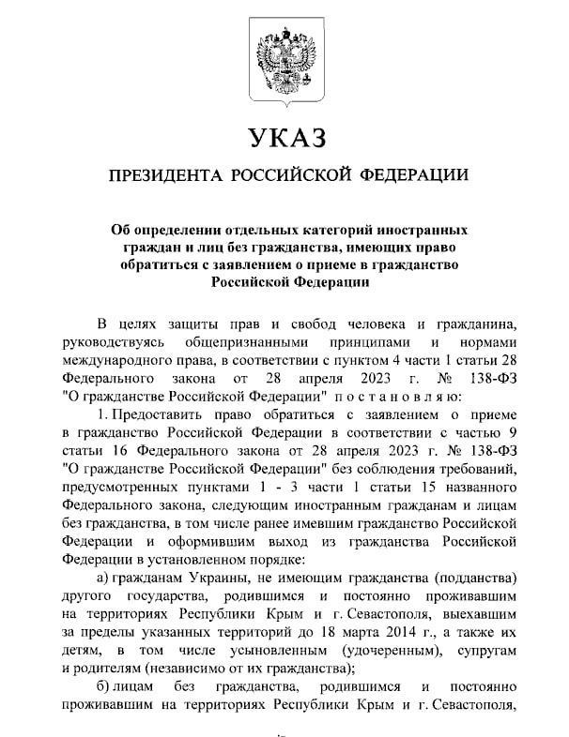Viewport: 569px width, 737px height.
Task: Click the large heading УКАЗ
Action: coord(284,139)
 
